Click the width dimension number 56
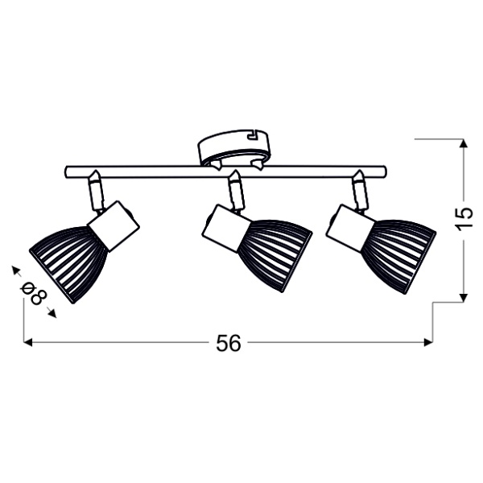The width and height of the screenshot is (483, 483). (229, 343)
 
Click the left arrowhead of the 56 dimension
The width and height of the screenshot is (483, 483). (27, 343)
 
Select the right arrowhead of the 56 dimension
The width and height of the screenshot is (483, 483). (430, 343)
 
